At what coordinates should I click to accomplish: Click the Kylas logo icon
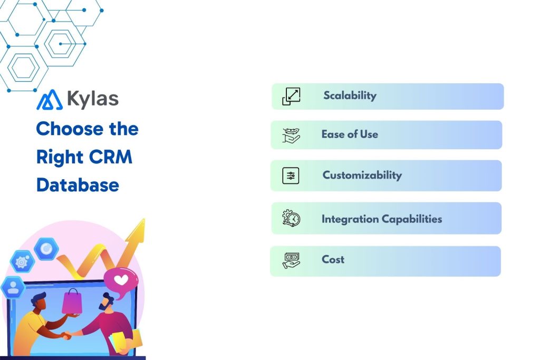point(49,100)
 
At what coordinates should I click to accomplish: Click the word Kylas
point(93,99)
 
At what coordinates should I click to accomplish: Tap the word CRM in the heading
point(111,157)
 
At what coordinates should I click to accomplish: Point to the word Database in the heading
point(78,185)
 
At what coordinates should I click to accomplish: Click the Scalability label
point(350,96)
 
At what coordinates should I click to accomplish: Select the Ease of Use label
point(350,134)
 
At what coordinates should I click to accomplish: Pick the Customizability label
point(362,176)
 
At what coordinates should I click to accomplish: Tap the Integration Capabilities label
point(381,219)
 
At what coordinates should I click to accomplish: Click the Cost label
point(333,259)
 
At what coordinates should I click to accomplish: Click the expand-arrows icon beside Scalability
point(291,96)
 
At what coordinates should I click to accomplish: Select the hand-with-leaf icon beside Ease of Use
point(291,135)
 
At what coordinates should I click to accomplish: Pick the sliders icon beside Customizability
point(291,176)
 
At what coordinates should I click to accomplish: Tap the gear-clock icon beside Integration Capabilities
point(291,218)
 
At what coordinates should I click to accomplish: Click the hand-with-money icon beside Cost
point(291,260)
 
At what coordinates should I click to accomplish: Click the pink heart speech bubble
point(121,280)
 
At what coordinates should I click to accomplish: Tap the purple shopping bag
point(72,301)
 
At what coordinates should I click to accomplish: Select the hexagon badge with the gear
point(22,261)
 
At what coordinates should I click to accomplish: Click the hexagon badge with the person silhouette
point(12,287)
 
